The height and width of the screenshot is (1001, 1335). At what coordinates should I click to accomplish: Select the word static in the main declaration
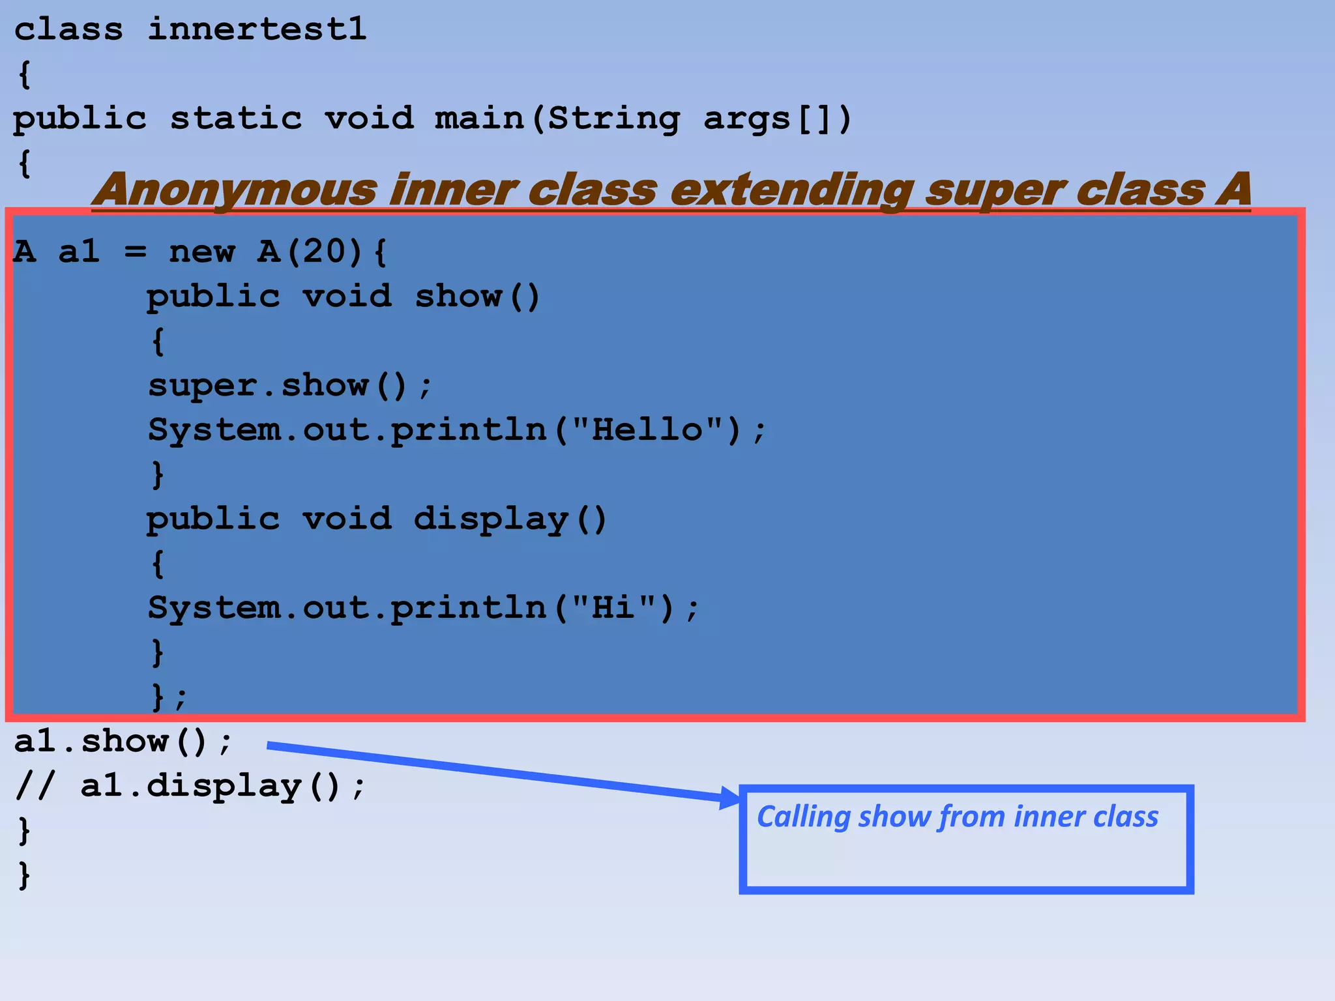[236, 119]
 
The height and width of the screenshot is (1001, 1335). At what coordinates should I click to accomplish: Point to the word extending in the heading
[791, 190]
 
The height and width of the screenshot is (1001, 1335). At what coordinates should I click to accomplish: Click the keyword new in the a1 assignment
[201, 252]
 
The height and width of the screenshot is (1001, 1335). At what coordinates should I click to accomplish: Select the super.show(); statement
[289, 386]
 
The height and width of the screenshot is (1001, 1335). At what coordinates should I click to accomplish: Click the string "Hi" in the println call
[613, 608]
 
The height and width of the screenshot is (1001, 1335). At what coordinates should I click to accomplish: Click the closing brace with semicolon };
[168, 697]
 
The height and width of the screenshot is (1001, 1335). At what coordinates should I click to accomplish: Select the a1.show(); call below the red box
[123, 742]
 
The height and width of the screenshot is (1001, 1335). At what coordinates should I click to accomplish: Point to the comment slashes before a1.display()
[35, 786]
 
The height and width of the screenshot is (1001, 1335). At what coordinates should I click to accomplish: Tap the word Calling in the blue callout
[804, 817]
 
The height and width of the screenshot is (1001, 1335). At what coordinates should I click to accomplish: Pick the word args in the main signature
[747, 119]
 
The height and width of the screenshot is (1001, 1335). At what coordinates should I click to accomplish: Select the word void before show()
[347, 297]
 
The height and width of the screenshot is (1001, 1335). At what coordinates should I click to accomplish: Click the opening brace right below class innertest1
[25, 74]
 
